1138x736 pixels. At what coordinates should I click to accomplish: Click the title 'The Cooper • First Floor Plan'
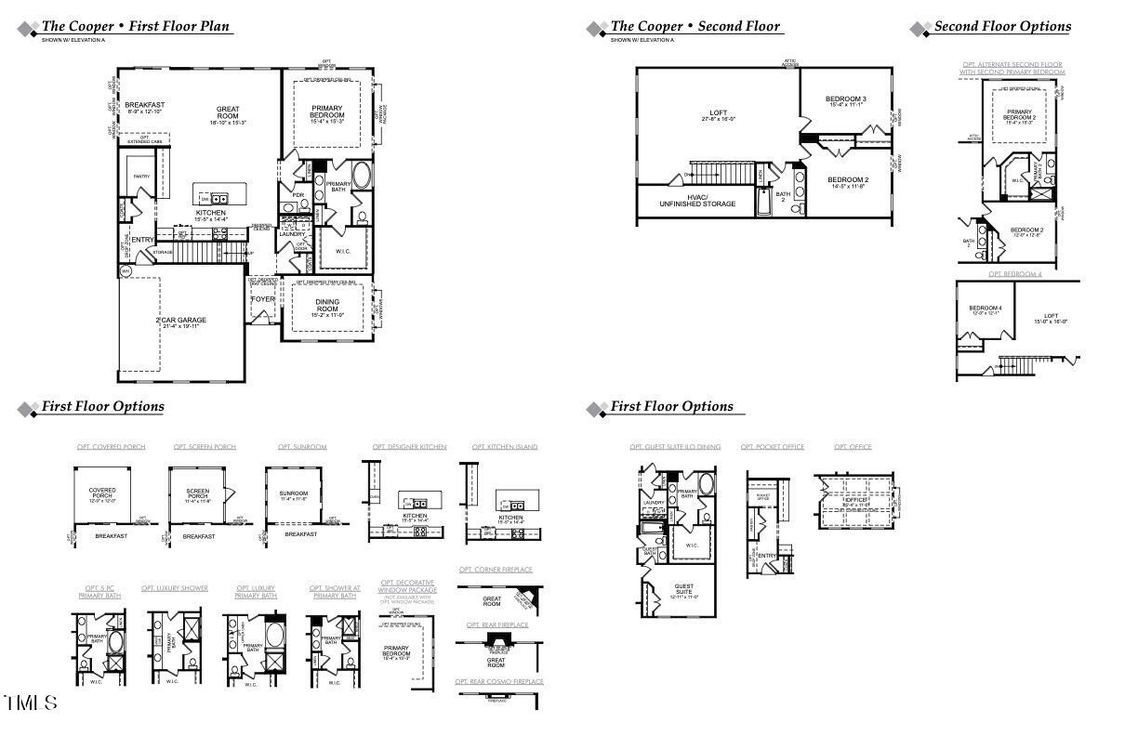click(136, 27)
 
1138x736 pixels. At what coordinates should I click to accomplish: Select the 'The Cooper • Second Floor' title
click(695, 27)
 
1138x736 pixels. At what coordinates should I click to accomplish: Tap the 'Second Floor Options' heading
click(1002, 27)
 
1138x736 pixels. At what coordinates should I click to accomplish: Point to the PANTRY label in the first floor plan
click(141, 176)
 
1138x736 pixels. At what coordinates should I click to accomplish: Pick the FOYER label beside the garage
click(264, 299)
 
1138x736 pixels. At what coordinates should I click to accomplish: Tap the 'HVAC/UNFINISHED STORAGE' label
click(697, 201)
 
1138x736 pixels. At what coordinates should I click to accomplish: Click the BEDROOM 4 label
click(985, 310)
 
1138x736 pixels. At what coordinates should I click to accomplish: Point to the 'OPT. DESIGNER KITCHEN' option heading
click(409, 447)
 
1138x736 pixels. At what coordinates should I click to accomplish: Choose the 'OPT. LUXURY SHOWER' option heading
click(175, 588)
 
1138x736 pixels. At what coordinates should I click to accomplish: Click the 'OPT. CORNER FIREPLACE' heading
click(496, 570)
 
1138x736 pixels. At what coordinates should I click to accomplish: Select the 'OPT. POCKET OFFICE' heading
click(772, 447)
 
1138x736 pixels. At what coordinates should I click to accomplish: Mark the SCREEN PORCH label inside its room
click(197, 493)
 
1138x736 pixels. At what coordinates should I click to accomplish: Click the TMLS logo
click(31, 703)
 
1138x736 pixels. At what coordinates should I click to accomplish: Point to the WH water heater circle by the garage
click(126, 271)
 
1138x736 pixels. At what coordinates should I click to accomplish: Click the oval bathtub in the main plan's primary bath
click(362, 177)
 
